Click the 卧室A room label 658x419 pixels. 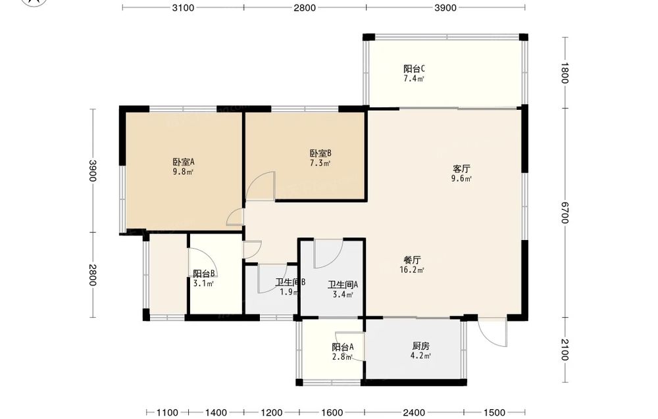(184, 162)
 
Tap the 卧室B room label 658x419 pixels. (320, 153)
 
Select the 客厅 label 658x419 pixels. (461, 169)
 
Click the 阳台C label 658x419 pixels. (414, 69)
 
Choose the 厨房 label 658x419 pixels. (420, 347)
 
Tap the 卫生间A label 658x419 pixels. (343, 285)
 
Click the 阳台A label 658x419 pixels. (342, 347)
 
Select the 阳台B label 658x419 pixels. (205, 274)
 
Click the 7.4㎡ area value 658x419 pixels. (414, 79)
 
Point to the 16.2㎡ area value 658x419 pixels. (412, 270)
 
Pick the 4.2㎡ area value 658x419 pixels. (420, 357)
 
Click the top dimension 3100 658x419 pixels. (184, 8)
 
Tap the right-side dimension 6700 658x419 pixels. (565, 212)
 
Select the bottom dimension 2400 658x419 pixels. (414, 412)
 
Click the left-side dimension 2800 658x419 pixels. (93, 275)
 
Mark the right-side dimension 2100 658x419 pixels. (565, 350)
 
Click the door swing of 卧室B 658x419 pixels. (261, 185)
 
